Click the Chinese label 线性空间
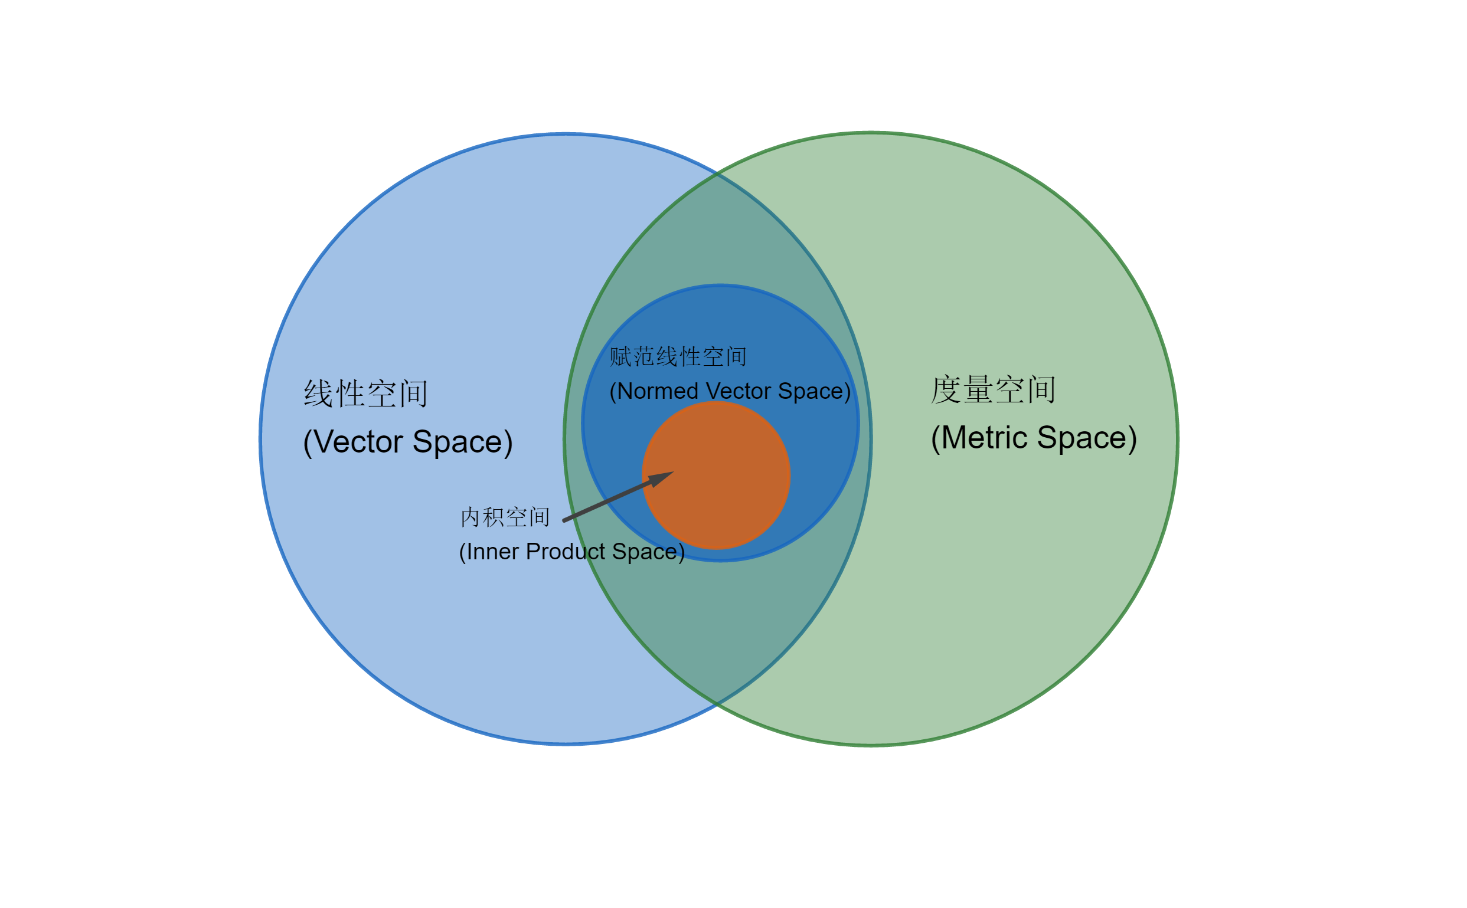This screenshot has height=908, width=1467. [x=365, y=394]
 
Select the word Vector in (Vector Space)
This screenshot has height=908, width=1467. [x=358, y=442]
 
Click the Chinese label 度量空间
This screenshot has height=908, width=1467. [x=993, y=390]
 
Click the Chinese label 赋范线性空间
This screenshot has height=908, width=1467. [x=678, y=357]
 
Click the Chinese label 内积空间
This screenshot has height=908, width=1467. [x=505, y=517]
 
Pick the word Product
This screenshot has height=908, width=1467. [x=566, y=552]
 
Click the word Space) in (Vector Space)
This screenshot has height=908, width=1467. [x=463, y=442]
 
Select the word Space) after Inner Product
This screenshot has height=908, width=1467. [x=648, y=552]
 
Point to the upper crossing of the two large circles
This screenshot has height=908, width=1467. [x=717, y=173]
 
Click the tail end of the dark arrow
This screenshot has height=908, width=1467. [x=565, y=520]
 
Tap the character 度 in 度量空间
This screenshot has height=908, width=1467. [x=946, y=390]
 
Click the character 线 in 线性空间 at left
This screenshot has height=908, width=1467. [x=318, y=394]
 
